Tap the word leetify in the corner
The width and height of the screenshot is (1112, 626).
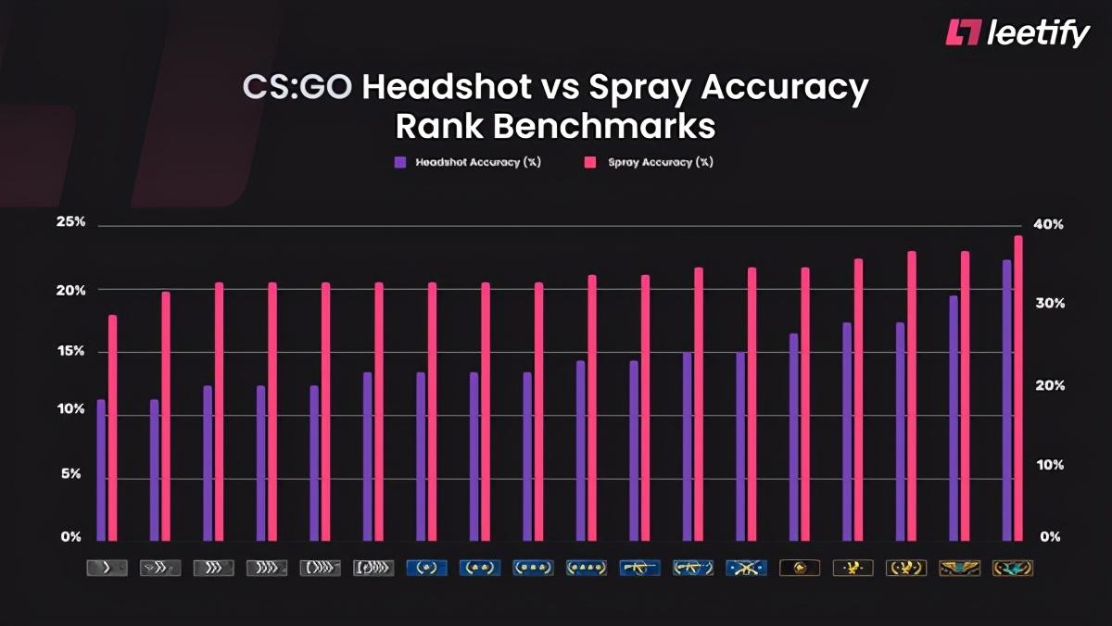pyautogui.click(x=1038, y=33)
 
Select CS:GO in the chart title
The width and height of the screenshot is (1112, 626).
pyautogui.click(x=297, y=88)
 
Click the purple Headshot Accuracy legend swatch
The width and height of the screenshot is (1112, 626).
pyautogui.click(x=400, y=162)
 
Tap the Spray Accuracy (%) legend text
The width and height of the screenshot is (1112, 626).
pyautogui.click(x=660, y=162)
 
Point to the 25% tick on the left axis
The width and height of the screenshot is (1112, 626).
pyautogui.click(x=70, y=223)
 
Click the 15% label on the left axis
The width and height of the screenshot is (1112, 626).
pyautogui.click(x=70, y=352)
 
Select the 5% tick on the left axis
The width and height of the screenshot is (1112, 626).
pyautogui.click(x=72, y=474)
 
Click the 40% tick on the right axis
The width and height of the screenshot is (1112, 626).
pyautogui.click(x=1048, y=225)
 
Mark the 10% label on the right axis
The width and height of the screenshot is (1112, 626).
pyautogui.click(x=1048, y=465)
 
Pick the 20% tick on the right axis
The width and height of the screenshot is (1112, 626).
pyautogui.click(x=1048, y=385)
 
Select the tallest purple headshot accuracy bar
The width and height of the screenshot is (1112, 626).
pyautogui.click(x=1006, y=399)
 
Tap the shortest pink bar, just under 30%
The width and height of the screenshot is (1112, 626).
pyautogui.click(x=113, y=427)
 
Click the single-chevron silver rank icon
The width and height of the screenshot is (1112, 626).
pyautogui.click(x=107, y=568)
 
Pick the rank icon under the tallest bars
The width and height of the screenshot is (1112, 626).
pyautogui.click(x=1012, y=568)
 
